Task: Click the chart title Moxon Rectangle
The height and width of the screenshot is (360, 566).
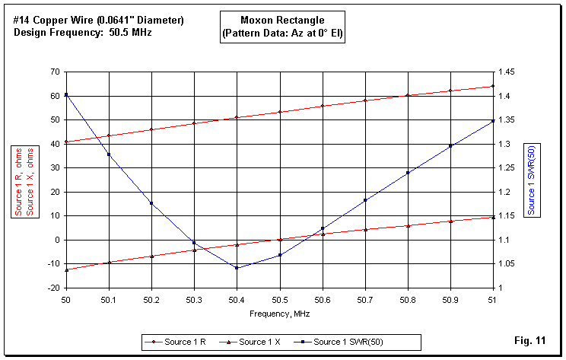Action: click(283, 21)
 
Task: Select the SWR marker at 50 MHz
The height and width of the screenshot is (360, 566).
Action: click(66, 94)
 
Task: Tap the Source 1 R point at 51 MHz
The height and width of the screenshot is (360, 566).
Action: click(493, 86)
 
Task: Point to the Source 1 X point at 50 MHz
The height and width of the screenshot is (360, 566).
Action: click(66, 270)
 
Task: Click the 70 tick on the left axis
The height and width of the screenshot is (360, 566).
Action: click(54, 72)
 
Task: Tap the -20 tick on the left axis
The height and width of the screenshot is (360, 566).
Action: click(52, 288)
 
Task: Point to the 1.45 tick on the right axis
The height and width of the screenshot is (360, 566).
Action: click(506, 72)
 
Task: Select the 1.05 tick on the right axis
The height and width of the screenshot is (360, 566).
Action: click(506, 264)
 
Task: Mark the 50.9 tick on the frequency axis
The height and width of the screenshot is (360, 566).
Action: click(450, 300)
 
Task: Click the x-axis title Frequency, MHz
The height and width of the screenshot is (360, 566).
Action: click(279, 313)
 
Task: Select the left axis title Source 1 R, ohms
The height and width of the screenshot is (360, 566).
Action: click(19, 180)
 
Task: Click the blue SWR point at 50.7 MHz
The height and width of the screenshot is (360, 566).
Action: click(365, 200)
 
